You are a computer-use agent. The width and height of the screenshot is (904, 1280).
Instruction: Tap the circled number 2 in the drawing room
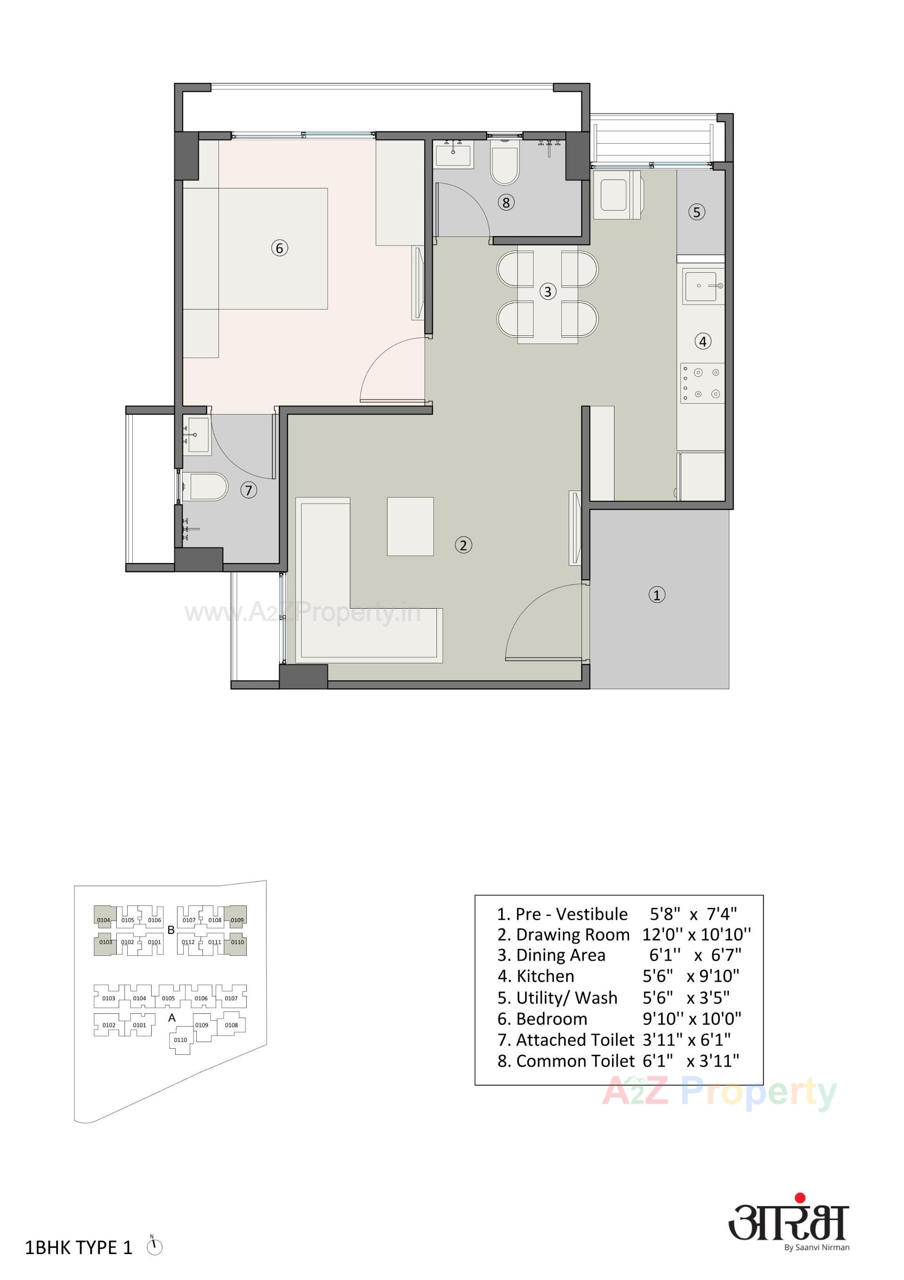[463, 545]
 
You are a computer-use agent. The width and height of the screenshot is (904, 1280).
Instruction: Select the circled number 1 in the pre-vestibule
[656, 595]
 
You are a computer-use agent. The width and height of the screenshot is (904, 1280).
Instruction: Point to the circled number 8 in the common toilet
[506, 203]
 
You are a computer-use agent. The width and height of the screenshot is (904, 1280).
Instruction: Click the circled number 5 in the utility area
[696, 212]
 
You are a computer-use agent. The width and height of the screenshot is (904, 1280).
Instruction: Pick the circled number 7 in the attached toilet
[249, 490]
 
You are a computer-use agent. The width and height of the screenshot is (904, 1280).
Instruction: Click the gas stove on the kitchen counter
[702, 383]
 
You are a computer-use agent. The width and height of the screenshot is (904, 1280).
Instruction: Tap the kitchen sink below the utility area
[702, 286]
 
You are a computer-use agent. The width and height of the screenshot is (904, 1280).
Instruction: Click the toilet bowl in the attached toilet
[207, 486]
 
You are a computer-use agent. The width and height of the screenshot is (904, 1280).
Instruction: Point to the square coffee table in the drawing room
[410, 526]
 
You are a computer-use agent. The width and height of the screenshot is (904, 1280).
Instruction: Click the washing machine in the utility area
[616, 194]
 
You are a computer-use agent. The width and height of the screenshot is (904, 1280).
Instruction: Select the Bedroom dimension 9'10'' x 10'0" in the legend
[692, 1019]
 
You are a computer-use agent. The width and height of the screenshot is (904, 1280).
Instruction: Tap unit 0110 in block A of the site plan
[181, 1040]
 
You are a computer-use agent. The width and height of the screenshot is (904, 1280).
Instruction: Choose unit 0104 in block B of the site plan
[103, 920]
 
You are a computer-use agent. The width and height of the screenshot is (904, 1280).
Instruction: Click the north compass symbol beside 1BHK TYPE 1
[154, 1247]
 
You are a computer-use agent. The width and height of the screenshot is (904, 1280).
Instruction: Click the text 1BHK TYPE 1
[79, 1247]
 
